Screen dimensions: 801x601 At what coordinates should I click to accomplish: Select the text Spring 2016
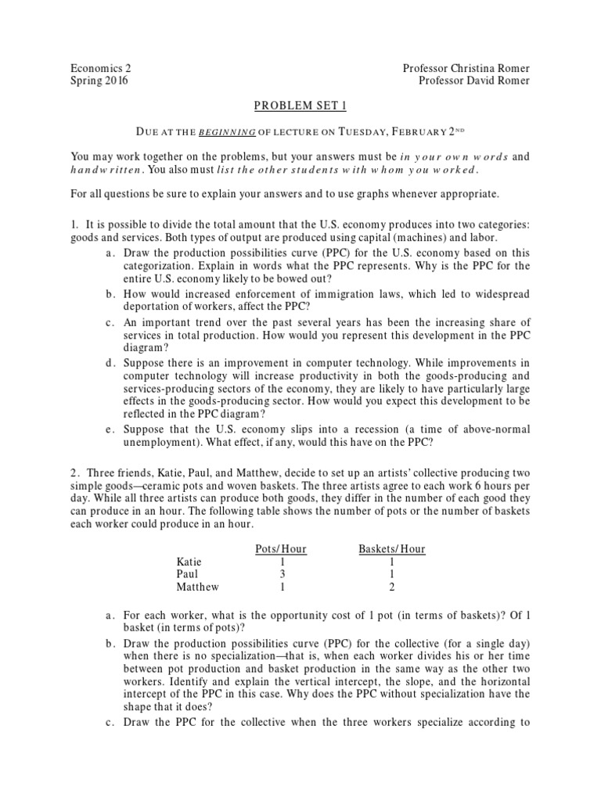pyautogui.click(x=100, y=81)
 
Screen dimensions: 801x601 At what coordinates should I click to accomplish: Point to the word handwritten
pyautogui.click(x=106, y=170)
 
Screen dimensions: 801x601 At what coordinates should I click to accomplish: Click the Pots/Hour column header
pyautogui.click(x=281, y=549)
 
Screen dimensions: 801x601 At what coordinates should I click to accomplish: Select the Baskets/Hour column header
pyautogui.click(x=391, y=549)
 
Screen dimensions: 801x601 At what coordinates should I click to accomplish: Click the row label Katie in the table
pyautogui.click(x=189, y=562)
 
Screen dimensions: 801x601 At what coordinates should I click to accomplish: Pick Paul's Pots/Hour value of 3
pyautogui.click(x=281, y=574)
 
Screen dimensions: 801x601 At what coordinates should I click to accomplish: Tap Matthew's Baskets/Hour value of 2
pyautogui.click(x=391, y=587)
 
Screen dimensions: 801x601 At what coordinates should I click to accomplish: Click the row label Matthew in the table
pyautogui.click(x=198, y=587)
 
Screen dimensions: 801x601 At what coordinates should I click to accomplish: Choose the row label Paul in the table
pyautogui.click(x=188, y=574)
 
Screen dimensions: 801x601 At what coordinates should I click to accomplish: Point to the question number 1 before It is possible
pyautogui.click(x=74, y=224)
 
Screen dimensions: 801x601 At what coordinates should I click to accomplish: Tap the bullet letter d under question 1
pyautogui.click(x=106, y=363)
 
